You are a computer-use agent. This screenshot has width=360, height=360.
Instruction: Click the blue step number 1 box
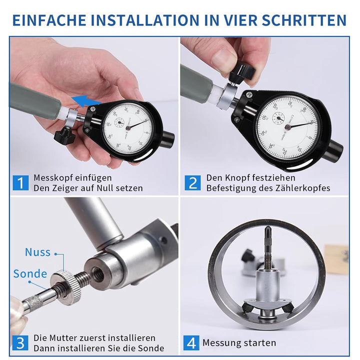20,183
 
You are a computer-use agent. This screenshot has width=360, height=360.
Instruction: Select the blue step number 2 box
192,183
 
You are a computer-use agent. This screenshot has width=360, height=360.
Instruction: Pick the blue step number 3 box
20,343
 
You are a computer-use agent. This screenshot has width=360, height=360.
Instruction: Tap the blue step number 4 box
192,343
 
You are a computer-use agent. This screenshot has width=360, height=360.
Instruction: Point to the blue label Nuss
37,252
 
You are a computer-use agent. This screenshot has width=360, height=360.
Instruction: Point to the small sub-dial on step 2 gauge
279,118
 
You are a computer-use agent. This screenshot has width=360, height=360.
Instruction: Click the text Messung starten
239,343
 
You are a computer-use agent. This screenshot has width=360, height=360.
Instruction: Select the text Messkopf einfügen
72,177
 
